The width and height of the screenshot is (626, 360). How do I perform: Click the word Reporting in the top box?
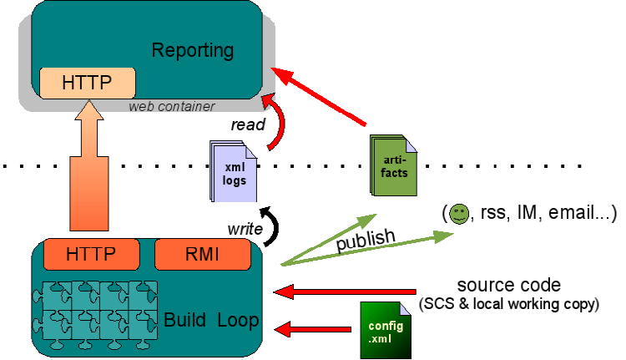point(194,50)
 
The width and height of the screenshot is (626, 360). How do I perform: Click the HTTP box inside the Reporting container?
point(87,84)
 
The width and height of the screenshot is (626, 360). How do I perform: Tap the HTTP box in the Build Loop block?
point(91,252)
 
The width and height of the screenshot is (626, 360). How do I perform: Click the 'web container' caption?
point(172,106)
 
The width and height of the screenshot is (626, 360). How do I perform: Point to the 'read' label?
point(248,125)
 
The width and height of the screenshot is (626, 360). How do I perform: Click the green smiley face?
point(459,214)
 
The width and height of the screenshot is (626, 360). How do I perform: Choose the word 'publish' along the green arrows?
point(365,238)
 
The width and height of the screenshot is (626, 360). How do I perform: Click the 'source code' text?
point(508,285)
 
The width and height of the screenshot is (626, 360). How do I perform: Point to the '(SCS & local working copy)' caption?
point(511,304)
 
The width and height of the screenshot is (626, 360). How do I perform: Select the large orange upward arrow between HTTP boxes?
point(87,167)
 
